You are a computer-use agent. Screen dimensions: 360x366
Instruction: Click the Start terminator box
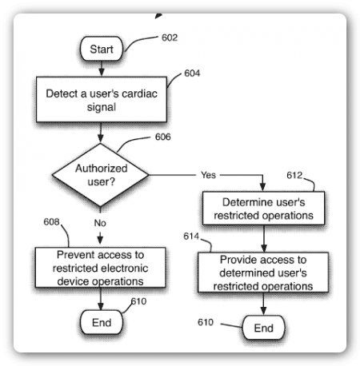102,49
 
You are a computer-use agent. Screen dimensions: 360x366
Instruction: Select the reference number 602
170,38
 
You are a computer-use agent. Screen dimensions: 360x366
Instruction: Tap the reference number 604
192,74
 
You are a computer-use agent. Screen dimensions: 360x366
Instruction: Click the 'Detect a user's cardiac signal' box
102,99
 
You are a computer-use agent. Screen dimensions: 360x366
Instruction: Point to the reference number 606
163,137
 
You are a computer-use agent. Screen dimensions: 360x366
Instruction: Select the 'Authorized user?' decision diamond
100,175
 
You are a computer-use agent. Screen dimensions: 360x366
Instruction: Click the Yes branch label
208,175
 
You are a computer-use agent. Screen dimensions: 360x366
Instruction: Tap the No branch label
100,223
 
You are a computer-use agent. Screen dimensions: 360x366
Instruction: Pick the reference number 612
294,175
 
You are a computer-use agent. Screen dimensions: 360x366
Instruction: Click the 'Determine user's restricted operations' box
263,209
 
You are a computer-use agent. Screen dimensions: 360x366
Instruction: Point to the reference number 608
51,222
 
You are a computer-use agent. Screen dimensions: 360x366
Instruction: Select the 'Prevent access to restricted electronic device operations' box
100,268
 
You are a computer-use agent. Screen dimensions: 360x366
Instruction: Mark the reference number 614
191,236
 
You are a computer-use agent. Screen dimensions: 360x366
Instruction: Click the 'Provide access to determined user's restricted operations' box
263,273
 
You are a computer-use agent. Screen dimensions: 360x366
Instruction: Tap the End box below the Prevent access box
102,322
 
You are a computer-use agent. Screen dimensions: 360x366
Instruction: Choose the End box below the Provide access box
263,328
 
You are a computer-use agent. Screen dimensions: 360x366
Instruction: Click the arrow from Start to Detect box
102,69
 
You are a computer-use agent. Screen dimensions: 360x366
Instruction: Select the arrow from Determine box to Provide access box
264,239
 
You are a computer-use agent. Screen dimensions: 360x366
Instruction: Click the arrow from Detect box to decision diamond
100,133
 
